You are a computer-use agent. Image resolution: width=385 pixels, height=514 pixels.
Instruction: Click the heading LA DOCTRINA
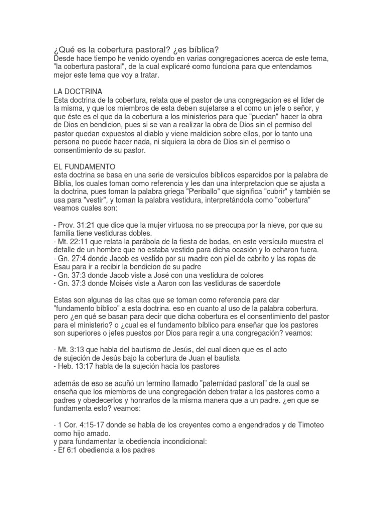[x=78, y=92]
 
